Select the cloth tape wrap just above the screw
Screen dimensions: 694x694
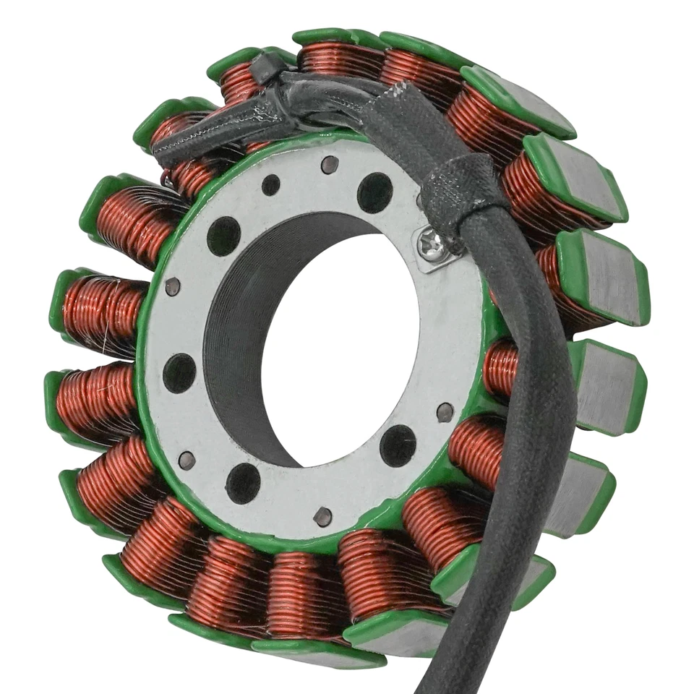tap(463, 192)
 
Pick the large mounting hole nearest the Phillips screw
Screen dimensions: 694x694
tap(375, 192)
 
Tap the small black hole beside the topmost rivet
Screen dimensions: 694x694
tap(271, 185)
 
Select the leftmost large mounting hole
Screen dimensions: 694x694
tap(179, 373)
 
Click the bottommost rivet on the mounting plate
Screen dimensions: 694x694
tap(323, 516)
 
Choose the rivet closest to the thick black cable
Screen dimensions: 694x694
tap(445, 412)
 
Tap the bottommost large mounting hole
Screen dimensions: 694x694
tap(244, 483)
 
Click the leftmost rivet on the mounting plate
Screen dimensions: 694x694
tap(172, 287)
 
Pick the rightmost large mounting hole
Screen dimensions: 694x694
tap(398, 445)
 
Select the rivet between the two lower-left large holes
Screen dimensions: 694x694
tap(187, 459)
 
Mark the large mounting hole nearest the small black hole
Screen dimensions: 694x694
tap(224, 236)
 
